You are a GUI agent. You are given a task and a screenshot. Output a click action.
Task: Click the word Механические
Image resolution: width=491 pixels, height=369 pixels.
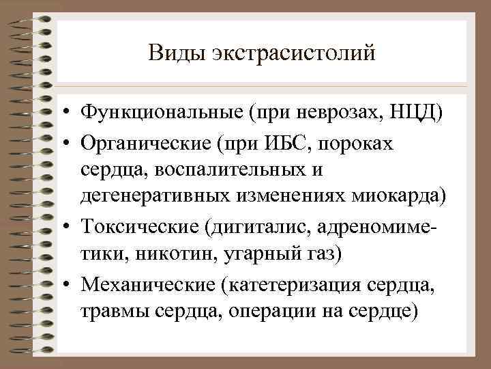tap(146, 282)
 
